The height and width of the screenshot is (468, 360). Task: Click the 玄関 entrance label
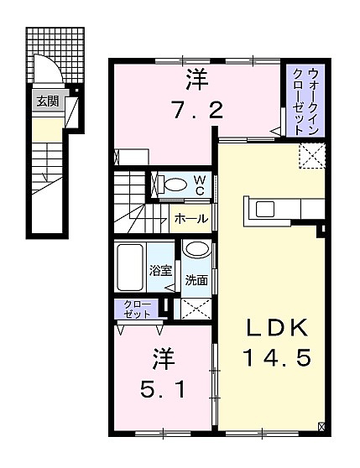click(x=48, y=101)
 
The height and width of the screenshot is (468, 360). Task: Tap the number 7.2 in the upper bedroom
click(x=196, y=109)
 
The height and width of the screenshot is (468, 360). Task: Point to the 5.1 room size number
click(x=163, y=389)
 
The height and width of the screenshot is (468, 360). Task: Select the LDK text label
click(x=277, y=328)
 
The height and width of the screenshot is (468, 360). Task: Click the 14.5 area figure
click(x=278, y=358)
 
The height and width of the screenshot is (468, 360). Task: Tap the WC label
click(x=200, y=185)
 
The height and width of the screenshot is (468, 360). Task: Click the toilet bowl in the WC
click(x=176, y=185)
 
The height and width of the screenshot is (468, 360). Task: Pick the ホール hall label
click(x=191, y=219)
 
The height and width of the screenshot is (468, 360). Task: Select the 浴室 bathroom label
click(x=160, y=271)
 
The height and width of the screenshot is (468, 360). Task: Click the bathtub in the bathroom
click(x=129, y=268)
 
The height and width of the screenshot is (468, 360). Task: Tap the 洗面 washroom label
click(x=196, y=280)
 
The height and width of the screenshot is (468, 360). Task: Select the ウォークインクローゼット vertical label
click(x=305, y=101)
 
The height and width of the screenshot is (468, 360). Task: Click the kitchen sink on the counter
click(x=265, y=209)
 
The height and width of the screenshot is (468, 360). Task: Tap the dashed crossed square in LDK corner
click(x=311, y=156)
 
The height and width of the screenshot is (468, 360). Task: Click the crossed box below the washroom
click(x=196, y=309)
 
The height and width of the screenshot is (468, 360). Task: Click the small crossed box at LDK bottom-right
click(x=321, y=427)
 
